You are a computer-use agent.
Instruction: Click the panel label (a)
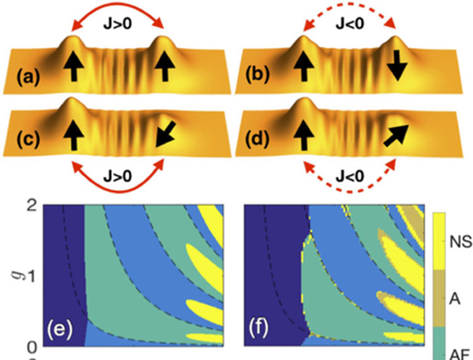(28, 77)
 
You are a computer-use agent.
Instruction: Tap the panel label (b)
(257, 75)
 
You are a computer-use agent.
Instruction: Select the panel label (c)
(28, 140)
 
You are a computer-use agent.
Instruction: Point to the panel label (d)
(257, 139)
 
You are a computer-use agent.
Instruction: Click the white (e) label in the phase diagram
(59, 328)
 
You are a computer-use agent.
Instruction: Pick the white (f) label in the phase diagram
(259, 328)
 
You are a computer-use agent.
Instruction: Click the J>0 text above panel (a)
(118, 24)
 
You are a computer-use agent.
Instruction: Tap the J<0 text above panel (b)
(350, 23)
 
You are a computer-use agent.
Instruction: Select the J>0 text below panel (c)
(118, 176)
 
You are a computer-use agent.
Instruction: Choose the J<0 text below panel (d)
(350, 176)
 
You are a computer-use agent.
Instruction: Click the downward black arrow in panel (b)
(398, 65)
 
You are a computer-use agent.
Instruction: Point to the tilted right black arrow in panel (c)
(165, 134)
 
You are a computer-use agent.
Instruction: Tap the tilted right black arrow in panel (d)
(396, 136)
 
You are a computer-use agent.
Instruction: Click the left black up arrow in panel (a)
(74, 66)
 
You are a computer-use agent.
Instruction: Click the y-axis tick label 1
(32, 277)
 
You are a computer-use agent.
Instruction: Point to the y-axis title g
(17, 273)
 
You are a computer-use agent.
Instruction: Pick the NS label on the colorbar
(461, 242)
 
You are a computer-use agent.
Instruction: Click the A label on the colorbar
(455, 299)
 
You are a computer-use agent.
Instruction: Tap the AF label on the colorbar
(460, 355)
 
